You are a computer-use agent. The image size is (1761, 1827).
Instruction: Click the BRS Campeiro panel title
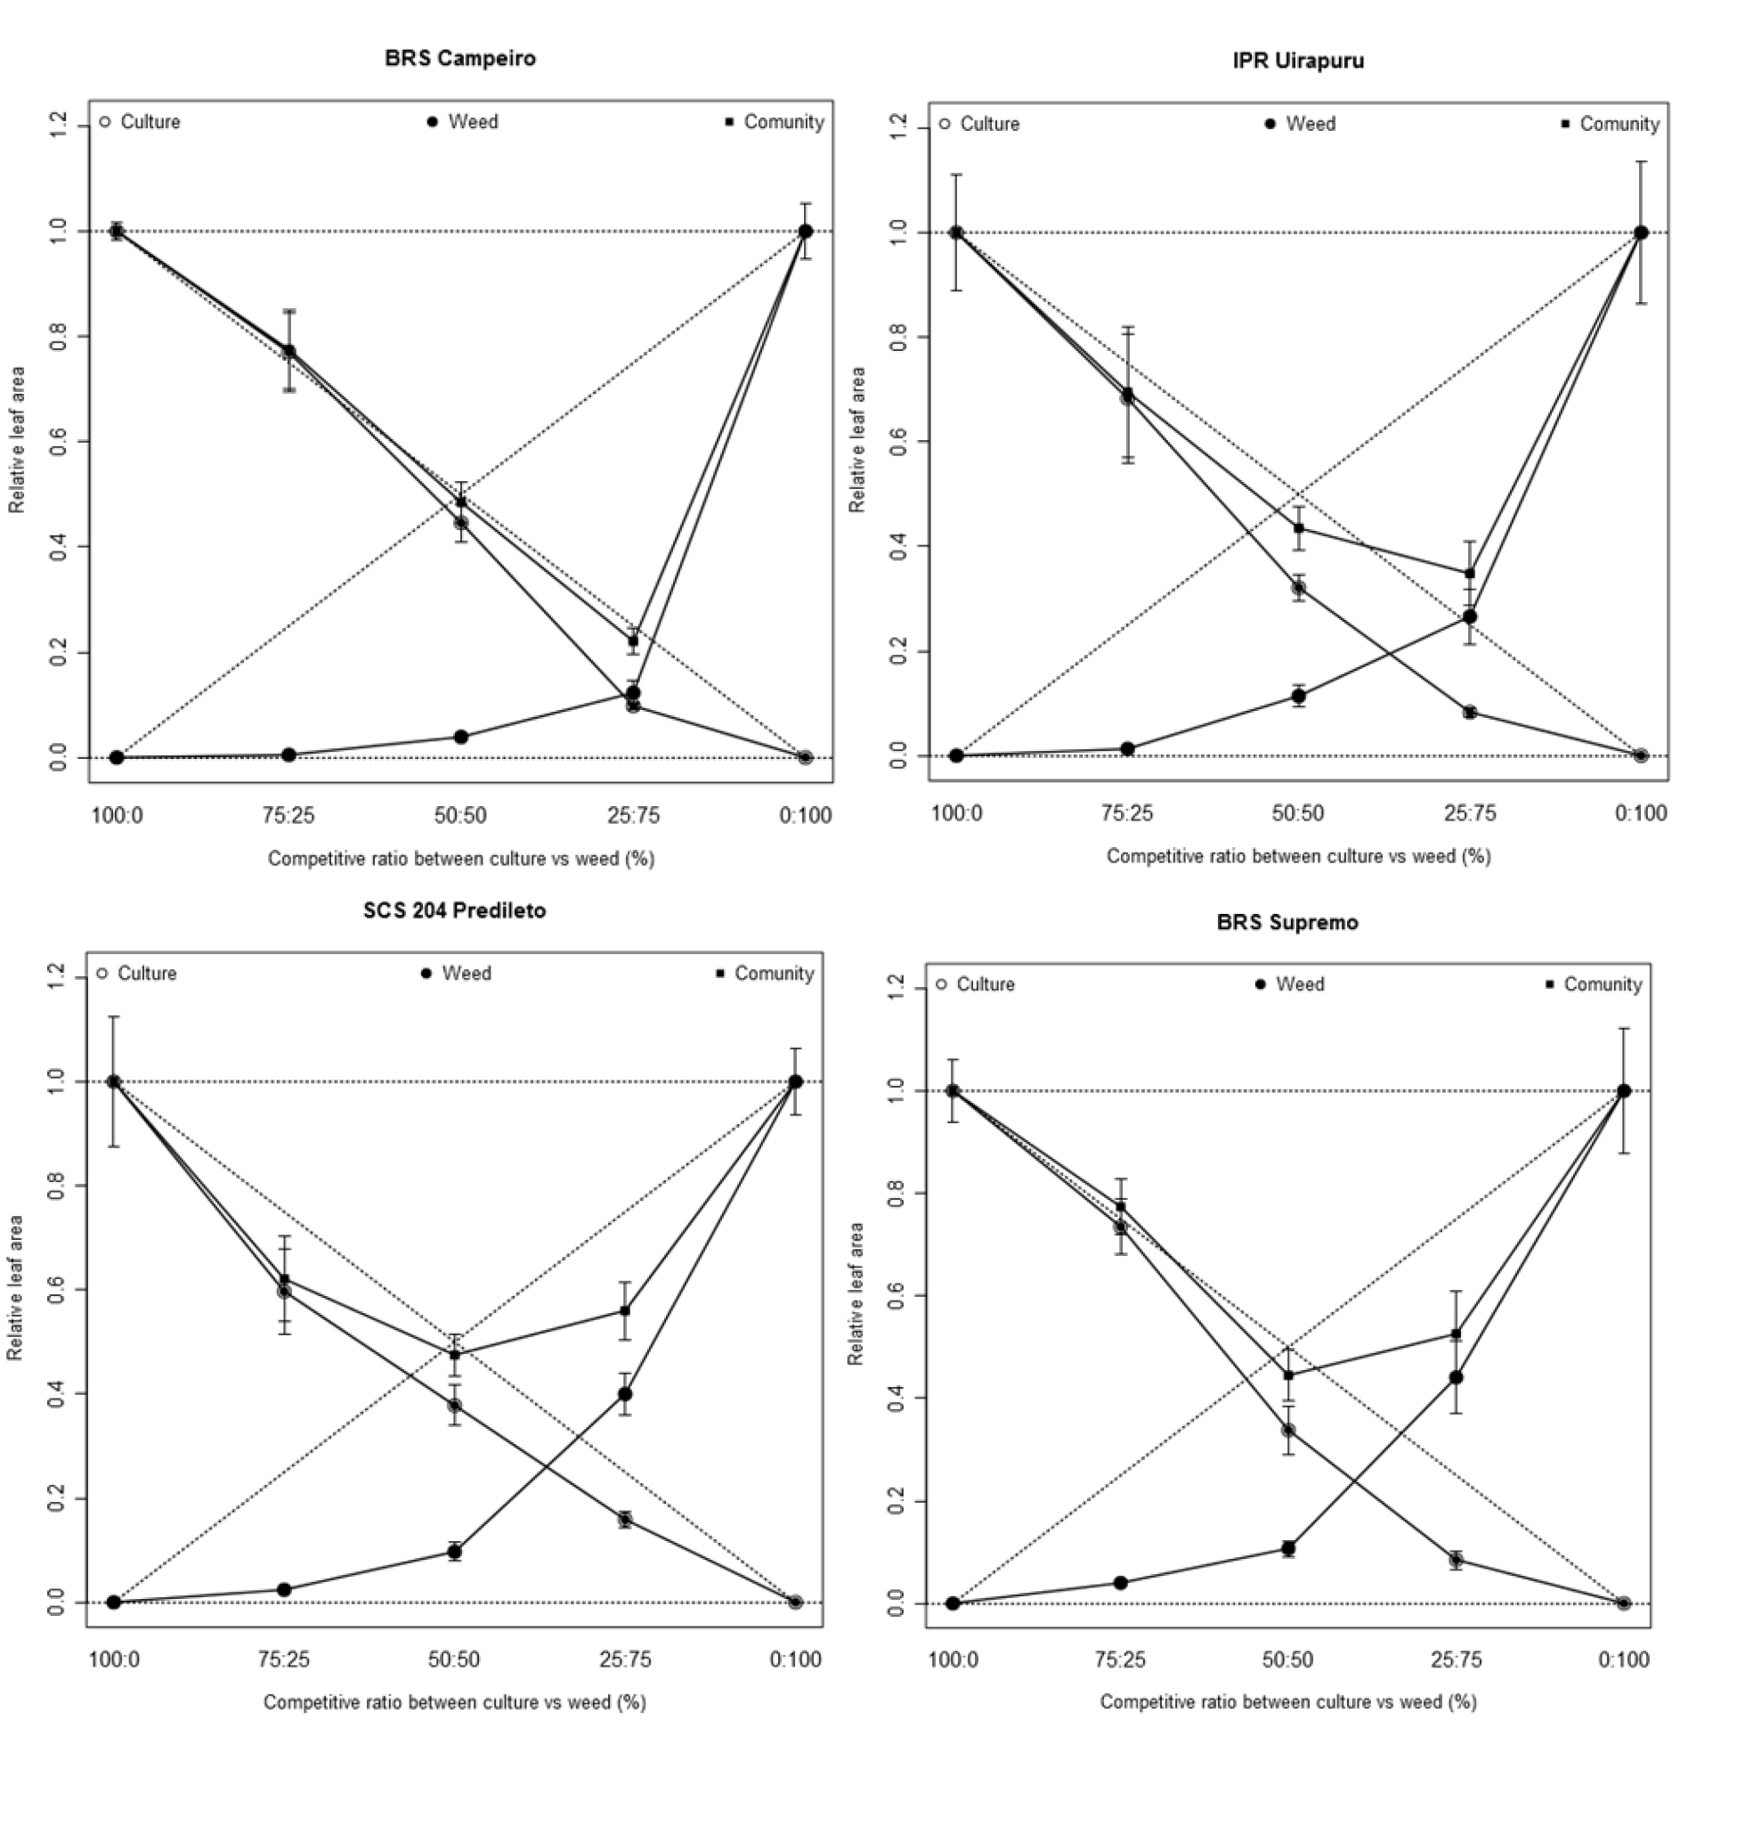point(460,59)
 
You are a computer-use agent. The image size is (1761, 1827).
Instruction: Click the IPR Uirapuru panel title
point(1298,61)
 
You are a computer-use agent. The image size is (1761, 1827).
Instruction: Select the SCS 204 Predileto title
point(454,910)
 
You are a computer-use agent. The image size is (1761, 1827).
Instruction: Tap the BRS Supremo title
point(1286,923)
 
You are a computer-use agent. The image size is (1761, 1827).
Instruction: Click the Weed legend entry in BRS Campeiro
point(463,122)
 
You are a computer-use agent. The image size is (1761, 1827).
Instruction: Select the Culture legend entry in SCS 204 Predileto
point(138,973)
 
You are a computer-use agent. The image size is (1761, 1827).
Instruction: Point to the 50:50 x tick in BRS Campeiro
point(460,817)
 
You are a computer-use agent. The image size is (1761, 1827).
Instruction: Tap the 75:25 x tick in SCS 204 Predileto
point(283,1660)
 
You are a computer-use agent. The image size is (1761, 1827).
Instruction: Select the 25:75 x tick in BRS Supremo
point(1456,1660)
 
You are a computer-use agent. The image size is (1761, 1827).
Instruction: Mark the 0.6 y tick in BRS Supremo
point(897,1297)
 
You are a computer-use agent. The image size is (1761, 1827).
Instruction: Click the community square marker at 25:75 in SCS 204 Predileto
point(625,1310)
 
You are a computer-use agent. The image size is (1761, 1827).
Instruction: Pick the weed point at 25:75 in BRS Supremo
point(1456,1378)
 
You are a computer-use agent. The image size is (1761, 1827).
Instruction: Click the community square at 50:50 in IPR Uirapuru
point(1298,528)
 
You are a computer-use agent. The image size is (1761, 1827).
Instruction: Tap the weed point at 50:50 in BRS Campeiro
point(460,738)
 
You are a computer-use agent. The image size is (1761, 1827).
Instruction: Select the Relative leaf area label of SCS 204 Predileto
point(15,1287)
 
